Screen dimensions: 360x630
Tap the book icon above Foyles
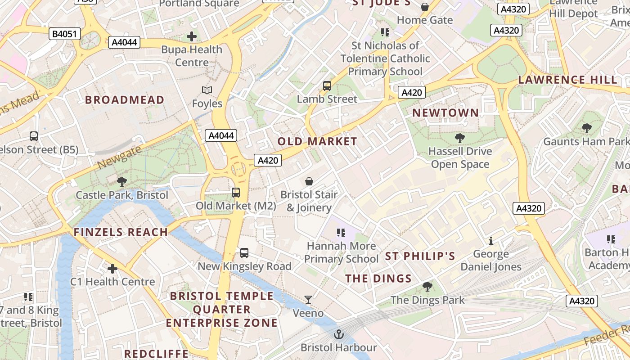click(207, 90)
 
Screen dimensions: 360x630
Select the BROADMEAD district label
click(125, 100)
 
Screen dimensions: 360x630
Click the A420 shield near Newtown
click(411, 93)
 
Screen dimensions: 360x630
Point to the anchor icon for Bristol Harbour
click(338, 334)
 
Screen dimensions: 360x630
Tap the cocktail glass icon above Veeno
click(308, 300)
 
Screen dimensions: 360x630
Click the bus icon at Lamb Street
click(327, 86)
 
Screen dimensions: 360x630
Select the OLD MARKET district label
click(317, 141)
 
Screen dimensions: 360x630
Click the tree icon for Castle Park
click(121, 182)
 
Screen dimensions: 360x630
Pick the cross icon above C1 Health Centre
click(112, 269)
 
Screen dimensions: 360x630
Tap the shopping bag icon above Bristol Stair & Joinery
click(309, 181)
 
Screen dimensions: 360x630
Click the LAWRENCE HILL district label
click(567, 80)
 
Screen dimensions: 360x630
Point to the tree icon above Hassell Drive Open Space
click(459, 138)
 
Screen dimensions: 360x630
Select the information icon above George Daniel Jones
click(491, 241)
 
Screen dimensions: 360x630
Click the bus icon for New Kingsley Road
click(244, 253)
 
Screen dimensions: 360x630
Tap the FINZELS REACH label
click(121, 232)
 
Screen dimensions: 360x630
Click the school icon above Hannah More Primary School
click(341, 233)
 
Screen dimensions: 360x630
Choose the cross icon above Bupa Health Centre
click(192, 36)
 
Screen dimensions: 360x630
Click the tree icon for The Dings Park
click(427, 287)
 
